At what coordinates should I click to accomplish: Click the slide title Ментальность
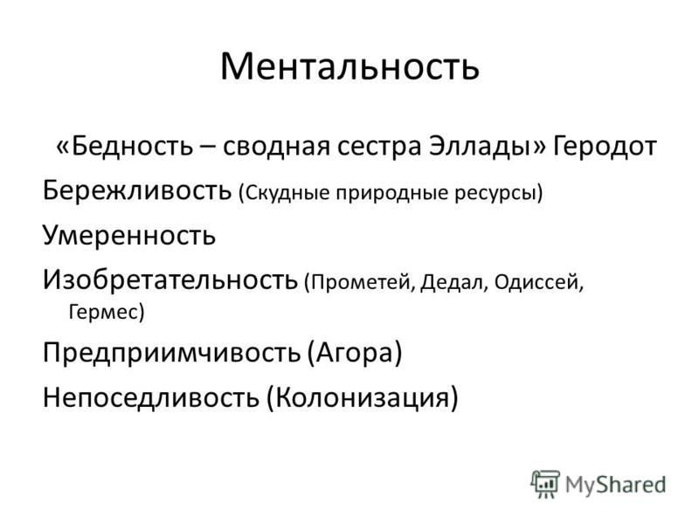(x=350, y=66)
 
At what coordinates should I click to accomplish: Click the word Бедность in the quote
(x=132, y=146)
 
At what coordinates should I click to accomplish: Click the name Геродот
(x=605, y=147)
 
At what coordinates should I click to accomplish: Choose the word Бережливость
(x=137, y=190)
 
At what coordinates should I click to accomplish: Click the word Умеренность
(x=129, y=236)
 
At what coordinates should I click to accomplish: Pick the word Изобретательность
(x=170, y=279)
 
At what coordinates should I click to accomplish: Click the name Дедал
(x=451, y=282)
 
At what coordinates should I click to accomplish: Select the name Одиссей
(x=536, y=282)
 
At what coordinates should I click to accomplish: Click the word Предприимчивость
(x=171, y=353)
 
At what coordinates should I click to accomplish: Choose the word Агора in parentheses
(x=355, y=354)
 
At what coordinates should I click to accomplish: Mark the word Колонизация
(x=362, y=397)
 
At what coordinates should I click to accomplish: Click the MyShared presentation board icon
(x=544, y=484)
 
